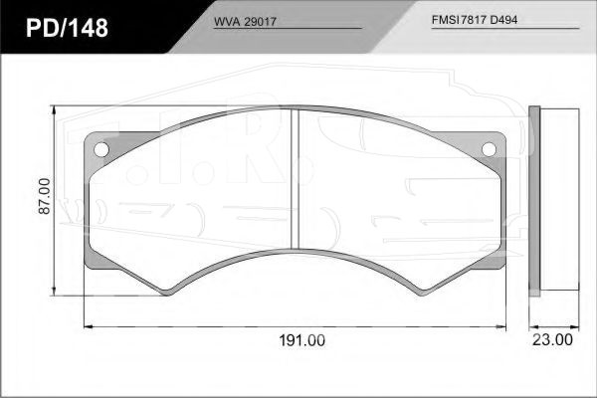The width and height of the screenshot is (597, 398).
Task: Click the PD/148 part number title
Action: click(67, 28)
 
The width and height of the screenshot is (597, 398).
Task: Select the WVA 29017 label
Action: click(245, 22)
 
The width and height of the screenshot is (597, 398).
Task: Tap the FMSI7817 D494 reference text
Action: click(475, 20)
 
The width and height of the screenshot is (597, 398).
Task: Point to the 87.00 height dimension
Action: click(45, 196)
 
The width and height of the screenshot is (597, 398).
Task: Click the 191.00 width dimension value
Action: click(301, 340)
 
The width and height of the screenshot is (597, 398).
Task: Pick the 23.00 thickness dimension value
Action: click(552, 339)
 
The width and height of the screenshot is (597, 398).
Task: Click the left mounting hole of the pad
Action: click(101, 149)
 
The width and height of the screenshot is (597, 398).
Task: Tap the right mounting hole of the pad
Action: click(489, 149)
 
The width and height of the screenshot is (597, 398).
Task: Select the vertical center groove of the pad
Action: click(296, 179)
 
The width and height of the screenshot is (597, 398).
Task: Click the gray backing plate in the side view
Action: click(534, 201)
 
